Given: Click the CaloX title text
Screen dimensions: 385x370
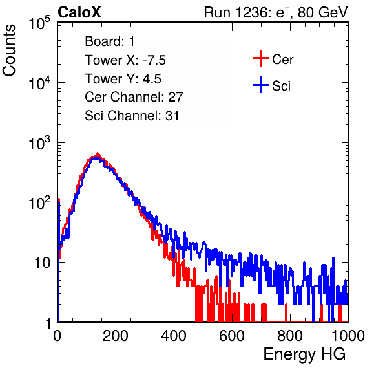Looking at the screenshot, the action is [79, 12].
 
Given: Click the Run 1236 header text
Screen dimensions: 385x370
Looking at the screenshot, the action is [276, 12].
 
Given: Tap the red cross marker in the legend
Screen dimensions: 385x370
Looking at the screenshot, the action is [261, 58].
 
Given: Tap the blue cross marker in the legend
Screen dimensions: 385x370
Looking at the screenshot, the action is [261, 85].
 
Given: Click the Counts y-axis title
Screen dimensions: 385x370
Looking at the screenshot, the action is [9, 50].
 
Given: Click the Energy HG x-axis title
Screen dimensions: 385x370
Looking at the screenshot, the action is [304, 354].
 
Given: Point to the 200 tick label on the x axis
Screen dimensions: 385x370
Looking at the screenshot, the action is [116, 336].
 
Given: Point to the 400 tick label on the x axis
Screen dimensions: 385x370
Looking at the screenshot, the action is [174, 336].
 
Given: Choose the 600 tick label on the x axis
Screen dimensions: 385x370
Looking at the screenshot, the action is [232, 336].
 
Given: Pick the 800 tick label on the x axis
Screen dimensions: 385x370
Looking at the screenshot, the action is [290, 336].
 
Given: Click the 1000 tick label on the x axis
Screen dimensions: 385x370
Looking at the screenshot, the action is [348, 336].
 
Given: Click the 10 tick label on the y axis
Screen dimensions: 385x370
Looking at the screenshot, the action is [42, 263].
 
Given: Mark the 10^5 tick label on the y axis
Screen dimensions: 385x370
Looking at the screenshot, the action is [39, 23].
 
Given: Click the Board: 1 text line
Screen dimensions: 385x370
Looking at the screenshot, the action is [110, 41].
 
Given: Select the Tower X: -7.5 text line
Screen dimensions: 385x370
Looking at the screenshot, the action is [125, 60].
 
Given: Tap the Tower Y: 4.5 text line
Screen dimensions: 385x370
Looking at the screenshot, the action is [123, 79].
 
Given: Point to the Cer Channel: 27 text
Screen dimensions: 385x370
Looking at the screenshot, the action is [134, 97].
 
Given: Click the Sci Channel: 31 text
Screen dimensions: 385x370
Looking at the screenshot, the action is [132, 116].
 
